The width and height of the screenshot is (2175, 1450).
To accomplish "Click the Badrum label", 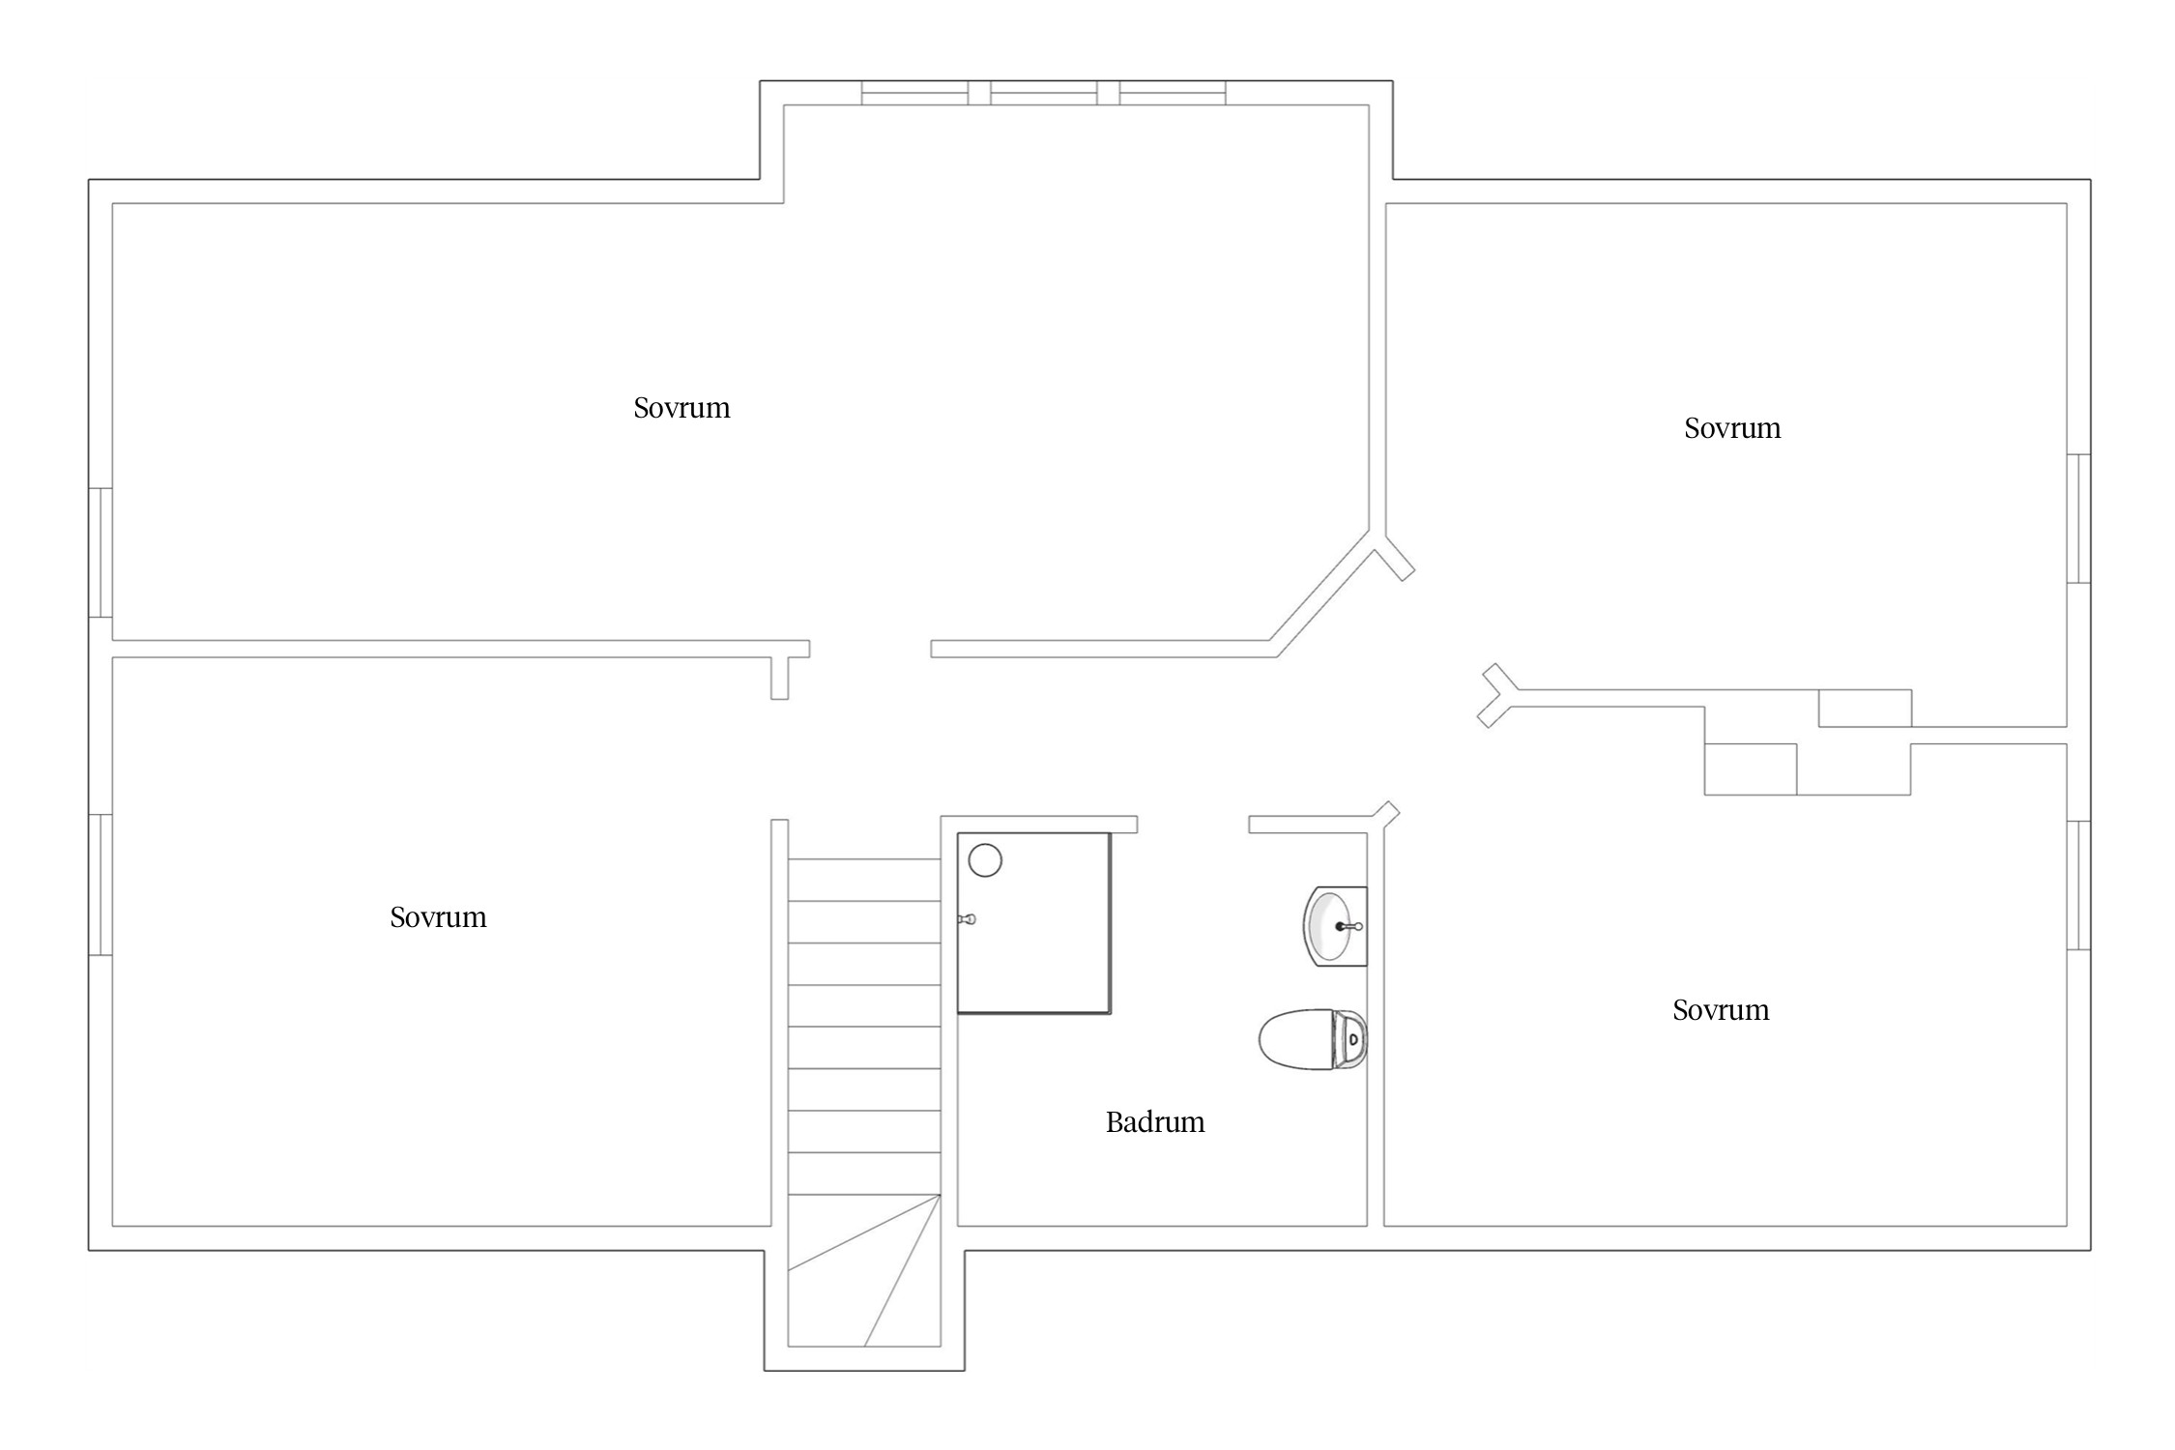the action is point(1155,1122).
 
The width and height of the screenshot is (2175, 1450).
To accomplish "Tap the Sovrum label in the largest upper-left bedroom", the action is point(681,408).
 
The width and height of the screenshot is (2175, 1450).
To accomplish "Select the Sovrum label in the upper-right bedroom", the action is point(1732,428).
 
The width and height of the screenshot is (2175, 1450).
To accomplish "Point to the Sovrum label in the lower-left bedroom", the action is point(438,917).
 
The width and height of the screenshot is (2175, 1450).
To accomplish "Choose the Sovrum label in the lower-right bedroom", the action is point(1721,1010).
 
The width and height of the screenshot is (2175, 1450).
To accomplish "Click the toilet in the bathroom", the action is point(1313,1039).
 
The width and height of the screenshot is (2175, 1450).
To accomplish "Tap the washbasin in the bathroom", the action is point(1335,926).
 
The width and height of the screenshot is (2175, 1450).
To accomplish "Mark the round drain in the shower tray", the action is point(985,860).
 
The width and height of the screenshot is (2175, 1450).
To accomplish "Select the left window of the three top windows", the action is point(914,93).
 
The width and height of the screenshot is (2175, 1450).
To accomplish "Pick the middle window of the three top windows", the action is point(1044,93).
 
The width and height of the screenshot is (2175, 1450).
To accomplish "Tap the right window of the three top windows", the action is point(1173,93).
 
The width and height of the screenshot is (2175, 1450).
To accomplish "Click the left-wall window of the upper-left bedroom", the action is point(101,552).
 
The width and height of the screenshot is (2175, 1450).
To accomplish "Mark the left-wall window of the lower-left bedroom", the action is point(101,884).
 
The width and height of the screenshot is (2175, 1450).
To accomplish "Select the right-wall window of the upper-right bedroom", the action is point(2078,518).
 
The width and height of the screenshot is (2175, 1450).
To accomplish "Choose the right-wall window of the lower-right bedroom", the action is point(2078,885).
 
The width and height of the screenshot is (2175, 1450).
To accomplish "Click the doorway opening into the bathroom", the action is point(1193,825).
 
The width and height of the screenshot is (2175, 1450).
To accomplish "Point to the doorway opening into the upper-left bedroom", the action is point(870,649).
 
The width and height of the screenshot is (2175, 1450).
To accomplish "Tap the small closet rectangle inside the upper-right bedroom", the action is point(1865,709).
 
